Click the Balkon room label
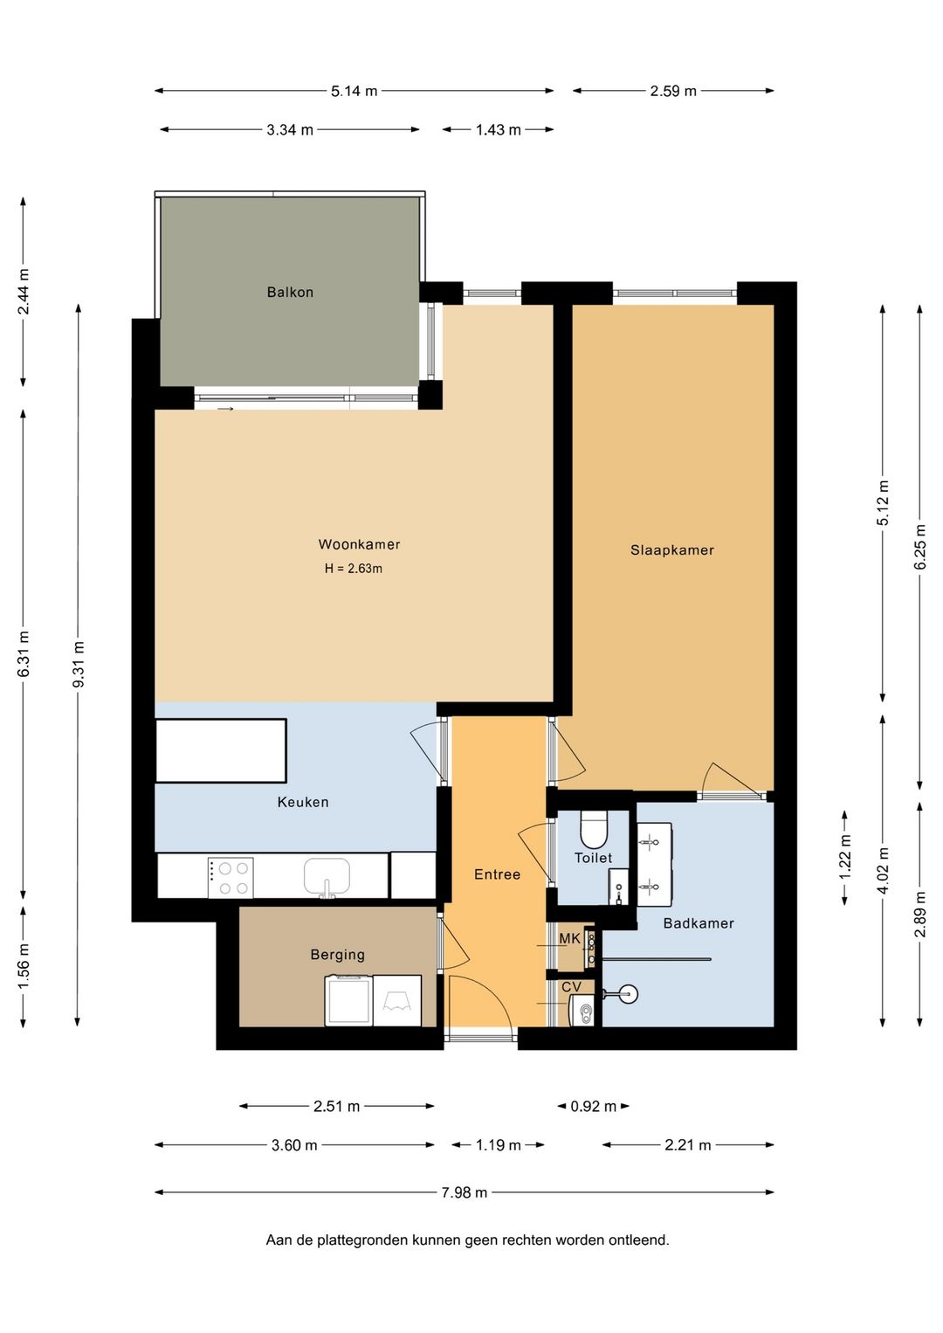[x=290, y=292]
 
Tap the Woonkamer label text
[x=360, y=544]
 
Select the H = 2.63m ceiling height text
[x=354, y=569]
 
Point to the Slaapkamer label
[x=672, y=549]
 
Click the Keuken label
[x=303, y=802]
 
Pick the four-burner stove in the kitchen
[x=231, y=878]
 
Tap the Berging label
[x=337, y=955]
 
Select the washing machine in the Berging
[x=348, y=999]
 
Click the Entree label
[x=498, y=874]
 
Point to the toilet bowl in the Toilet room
[x=593, y=830]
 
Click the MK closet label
[x=569, y=939]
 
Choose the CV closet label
[x=571, y=987]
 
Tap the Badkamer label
[x=699, y=923]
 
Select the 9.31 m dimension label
[x=79, y=664]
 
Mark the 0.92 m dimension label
[x=593, y=1106]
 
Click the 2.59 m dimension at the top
[x=673, y=91]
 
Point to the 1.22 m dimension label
[x=845, y=856]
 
